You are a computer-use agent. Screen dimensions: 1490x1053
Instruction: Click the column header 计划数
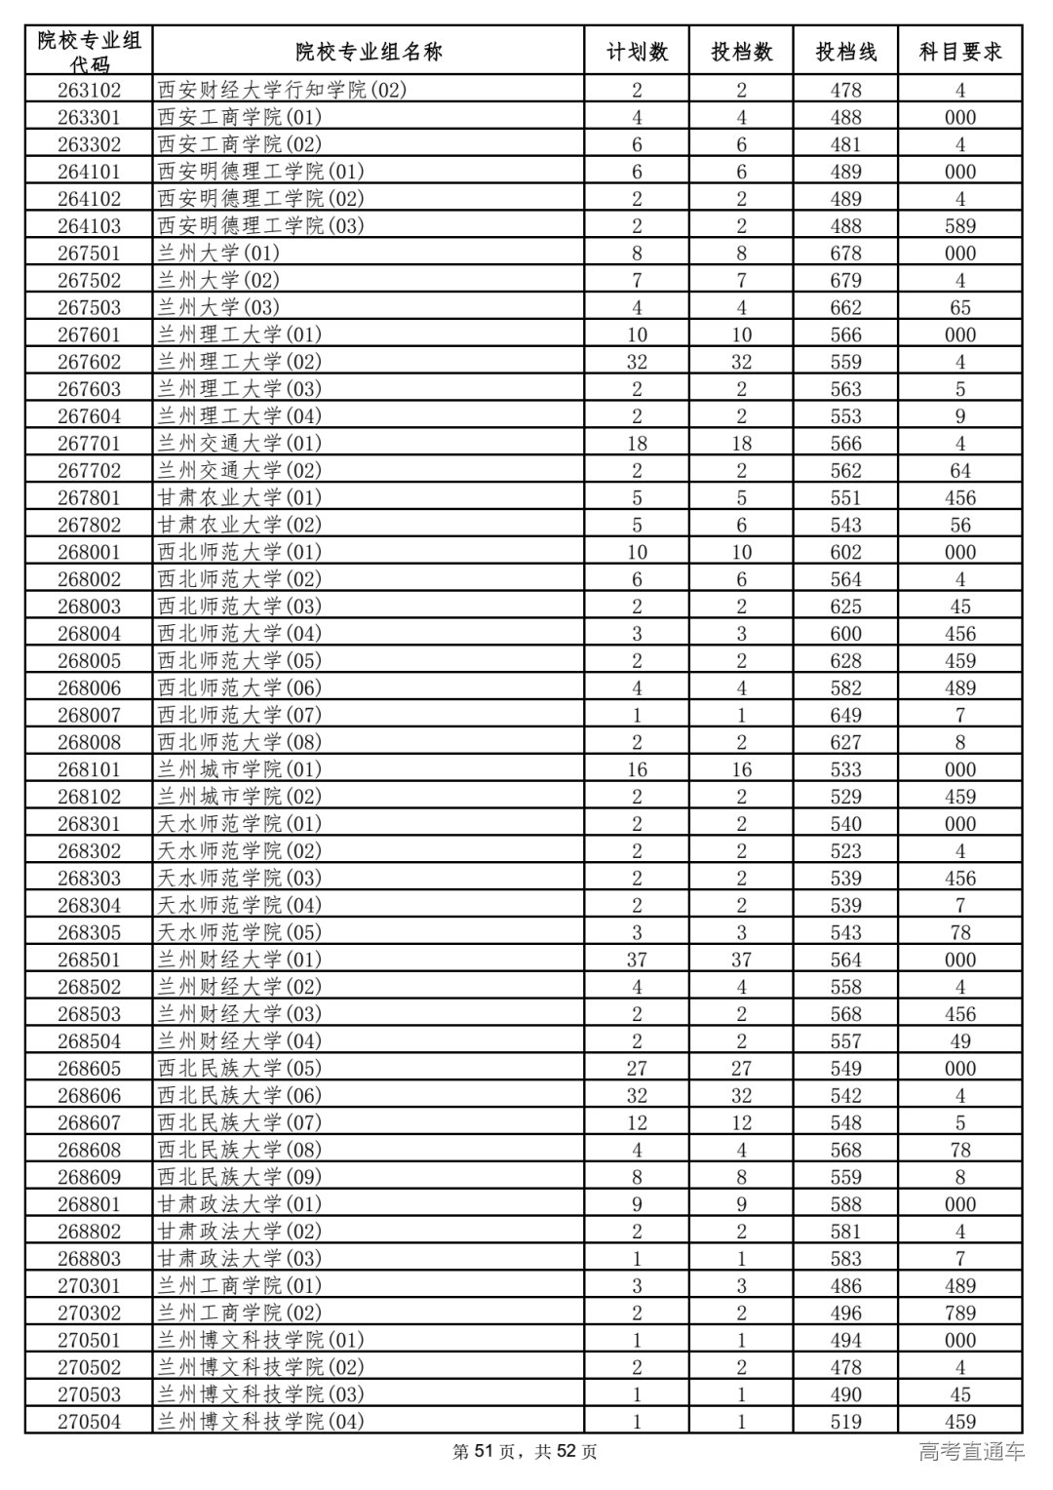tap(637, 52)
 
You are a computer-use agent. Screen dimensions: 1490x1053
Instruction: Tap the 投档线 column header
tap(845, 52)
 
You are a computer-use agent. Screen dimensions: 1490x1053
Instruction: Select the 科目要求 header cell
tap(959, 52)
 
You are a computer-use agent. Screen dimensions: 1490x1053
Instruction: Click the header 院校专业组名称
tap(369, 52)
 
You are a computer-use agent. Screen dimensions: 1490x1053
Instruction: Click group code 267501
tap(89, 254)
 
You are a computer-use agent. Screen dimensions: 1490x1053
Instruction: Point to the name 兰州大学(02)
tap(218, 281)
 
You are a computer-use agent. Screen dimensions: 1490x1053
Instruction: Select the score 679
tap(845, 281)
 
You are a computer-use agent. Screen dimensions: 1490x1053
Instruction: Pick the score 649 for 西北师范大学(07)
tap(845, 715)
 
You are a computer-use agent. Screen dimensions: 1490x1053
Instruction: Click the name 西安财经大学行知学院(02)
tap(282, 91)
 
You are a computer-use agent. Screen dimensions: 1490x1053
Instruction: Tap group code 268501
tap(89, 960)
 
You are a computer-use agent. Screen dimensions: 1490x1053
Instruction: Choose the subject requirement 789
tap(959, 1313)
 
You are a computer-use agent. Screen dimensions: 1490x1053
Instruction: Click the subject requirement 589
tap(959, 226)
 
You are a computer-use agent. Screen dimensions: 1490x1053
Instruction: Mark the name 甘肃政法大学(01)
tap(239, 1204)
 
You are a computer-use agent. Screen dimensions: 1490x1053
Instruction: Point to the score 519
tap(845, 1422)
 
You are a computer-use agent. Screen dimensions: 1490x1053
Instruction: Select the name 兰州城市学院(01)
tap(239, 769)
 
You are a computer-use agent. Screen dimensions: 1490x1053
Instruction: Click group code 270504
tap(89, 1422)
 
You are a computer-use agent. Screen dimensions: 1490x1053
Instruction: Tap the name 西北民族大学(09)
tap(239, 1177)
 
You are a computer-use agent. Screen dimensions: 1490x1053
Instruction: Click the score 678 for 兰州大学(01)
tap(845, 254)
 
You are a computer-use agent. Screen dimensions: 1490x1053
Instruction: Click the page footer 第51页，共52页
tap(526, 1452)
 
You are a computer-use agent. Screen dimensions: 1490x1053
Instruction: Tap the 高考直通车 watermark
tap(971, 1452)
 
